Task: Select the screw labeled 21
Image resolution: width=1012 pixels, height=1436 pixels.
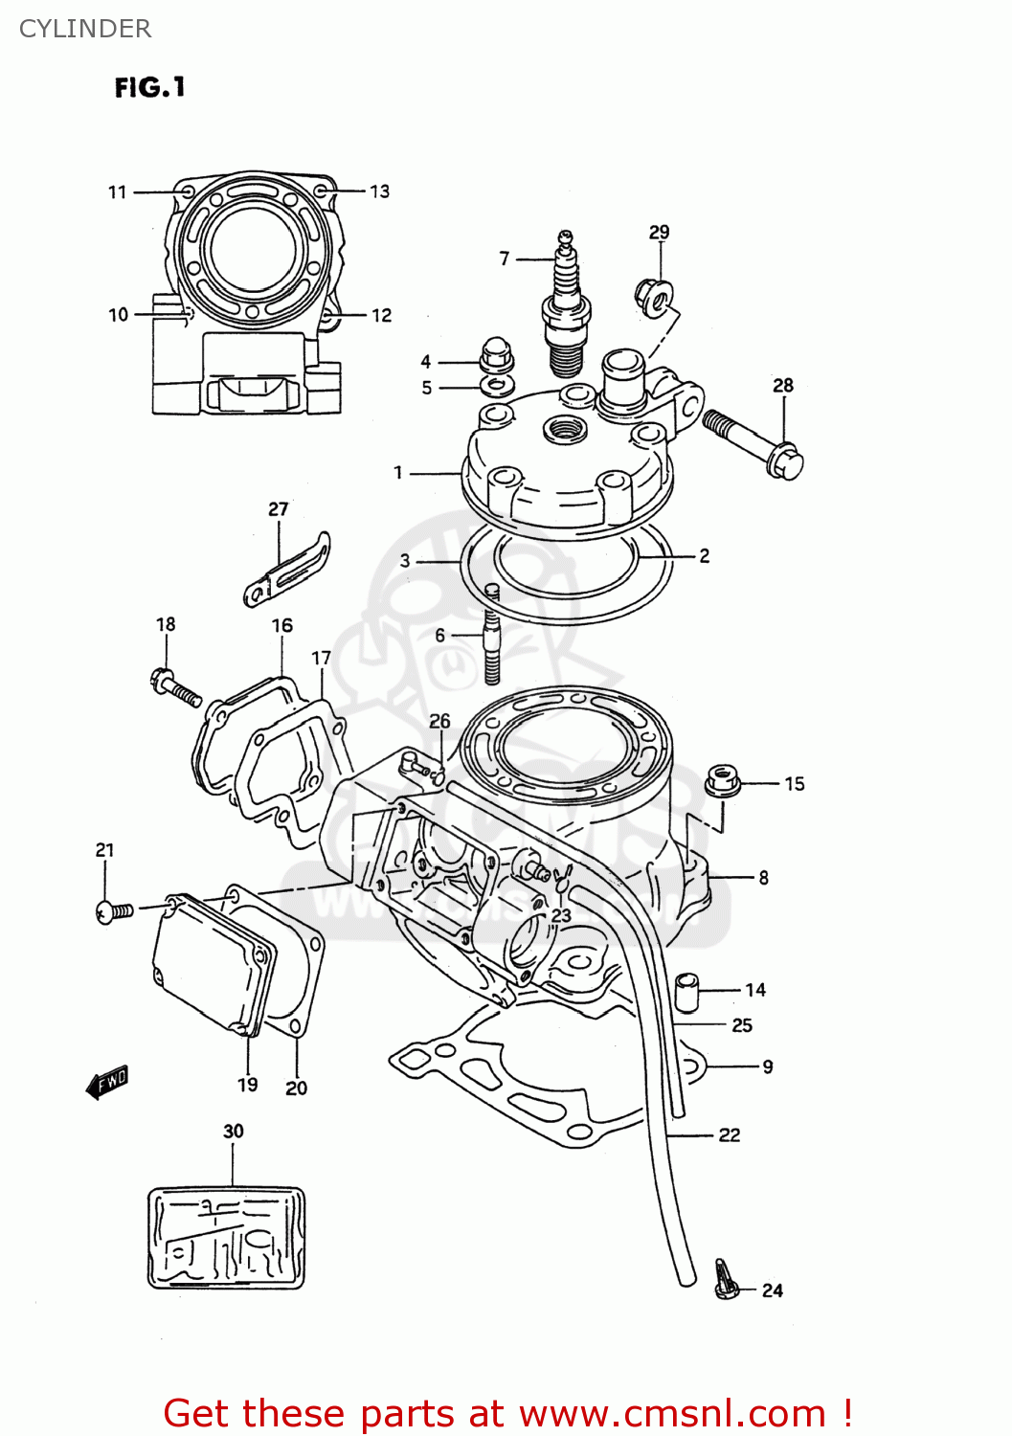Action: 115,911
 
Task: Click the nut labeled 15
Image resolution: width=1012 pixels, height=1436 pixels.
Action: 723,780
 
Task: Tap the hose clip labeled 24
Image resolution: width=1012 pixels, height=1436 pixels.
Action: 727,1281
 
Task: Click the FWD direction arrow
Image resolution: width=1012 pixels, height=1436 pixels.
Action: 107,1083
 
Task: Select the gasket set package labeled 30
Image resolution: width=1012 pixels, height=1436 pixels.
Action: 226,1238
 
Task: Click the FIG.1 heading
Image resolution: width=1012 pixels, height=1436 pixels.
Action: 149,88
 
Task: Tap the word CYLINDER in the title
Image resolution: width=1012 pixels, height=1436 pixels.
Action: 85,29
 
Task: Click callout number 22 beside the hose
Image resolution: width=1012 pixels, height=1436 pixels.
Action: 730,1135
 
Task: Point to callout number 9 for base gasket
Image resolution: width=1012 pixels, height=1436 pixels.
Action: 768,1066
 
